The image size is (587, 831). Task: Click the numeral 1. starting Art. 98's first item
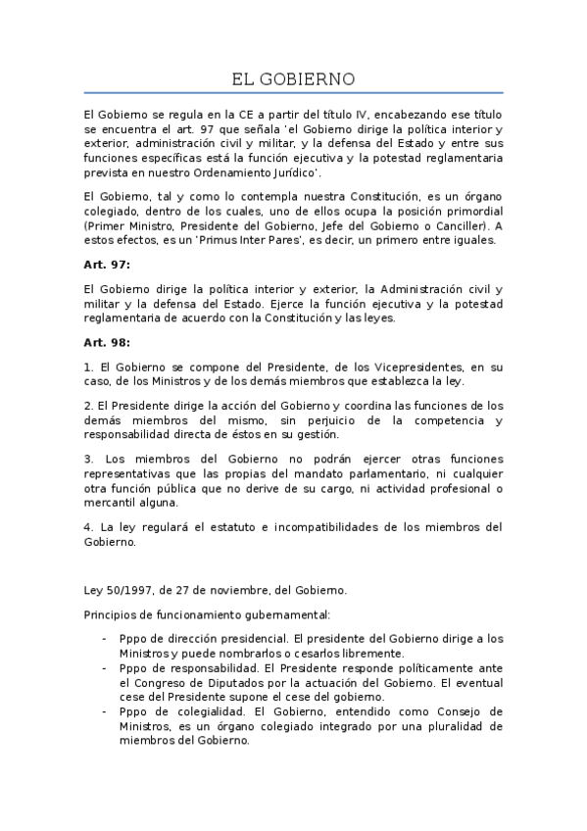pyautogui.click(x=88, y=367)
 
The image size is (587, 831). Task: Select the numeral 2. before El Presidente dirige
pyautogui.click(x=88, y=406)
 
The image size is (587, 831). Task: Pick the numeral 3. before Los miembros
pyautogui.click(x=88, y=459)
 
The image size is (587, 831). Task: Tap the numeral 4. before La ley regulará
pyautogui.click(x=88, y=526)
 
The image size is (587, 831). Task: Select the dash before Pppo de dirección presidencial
pyautogui.click(x=105, y=639)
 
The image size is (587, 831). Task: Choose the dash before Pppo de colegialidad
pyautogui.click(x=105, y=710)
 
